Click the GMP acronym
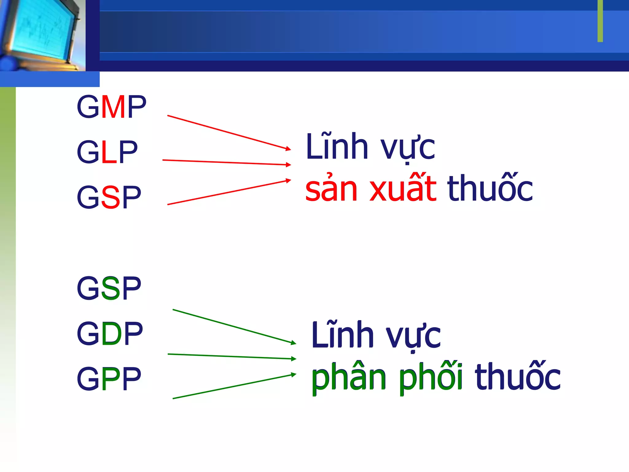111,107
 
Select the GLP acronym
107,152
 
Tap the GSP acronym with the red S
109,197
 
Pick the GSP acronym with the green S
109,288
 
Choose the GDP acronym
110,333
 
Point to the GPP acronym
109,378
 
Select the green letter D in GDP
111,333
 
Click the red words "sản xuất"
371,188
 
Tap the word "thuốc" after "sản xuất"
490,188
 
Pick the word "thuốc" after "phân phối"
518,377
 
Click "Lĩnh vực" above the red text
370,147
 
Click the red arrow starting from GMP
229,132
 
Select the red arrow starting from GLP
226,163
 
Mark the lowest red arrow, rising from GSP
229,192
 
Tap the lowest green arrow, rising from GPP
234,387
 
